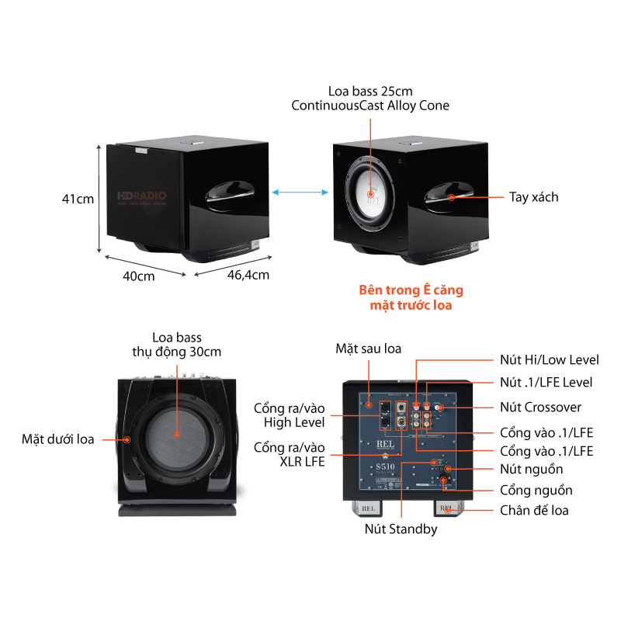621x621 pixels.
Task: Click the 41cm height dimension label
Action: pyautogui.click(x=78, y=199)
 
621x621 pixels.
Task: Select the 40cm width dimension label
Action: pyautogui.click(x=139, y=276)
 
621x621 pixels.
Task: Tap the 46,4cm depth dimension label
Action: pyautogui.click(x=248, y=274)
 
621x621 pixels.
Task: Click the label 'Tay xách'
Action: pyautogui.click(x=533, y=197)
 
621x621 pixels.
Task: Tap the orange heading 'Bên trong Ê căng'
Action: pyautogui.click(x=411, y=290)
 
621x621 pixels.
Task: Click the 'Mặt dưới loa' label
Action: pyautogui.click(x=57, y=439)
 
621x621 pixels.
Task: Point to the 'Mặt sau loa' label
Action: pyautogui.click(x=368, y=349)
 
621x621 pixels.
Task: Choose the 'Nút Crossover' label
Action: pyautogui.click(x=541, y=407)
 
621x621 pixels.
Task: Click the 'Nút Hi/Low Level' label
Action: pyautogui.click(x=548, y=359)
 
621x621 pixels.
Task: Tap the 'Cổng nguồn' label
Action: pyautogui.click(x=536, y=490)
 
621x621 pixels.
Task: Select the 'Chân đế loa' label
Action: pyautogui.click(x=533, y=510)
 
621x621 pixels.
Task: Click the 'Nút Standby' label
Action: pyautogui.click(x=401, y=529)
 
